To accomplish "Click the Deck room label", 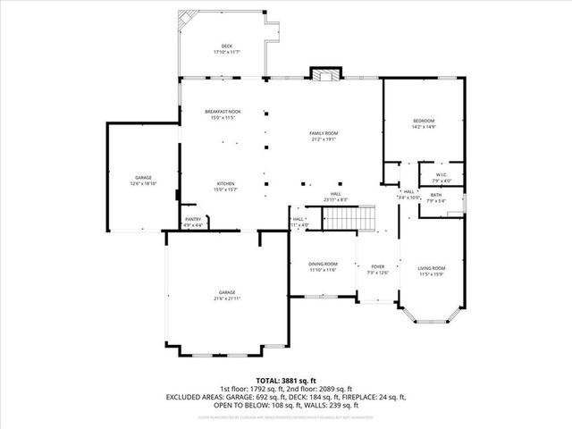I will (x=226, y=46).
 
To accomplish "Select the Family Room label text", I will (x=324, y=133).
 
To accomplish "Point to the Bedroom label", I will (x=423, y=121).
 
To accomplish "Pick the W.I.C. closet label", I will (x=442, y=174).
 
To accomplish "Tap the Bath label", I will (x=435, y=194).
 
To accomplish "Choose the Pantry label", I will (x=193, y=219).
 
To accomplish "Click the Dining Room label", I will (x=323, y=264).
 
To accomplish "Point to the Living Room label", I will (x=432, y=268).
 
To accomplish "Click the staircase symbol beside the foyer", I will (x=348, y=217).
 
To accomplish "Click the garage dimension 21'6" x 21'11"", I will (x=228, y=298).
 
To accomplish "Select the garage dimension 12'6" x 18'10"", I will (x=143, y=183).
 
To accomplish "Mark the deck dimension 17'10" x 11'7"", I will (x=226, y=52).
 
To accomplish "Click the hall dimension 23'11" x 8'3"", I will (x=335, y=199).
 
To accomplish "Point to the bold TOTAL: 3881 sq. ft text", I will (x=285, y=380).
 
